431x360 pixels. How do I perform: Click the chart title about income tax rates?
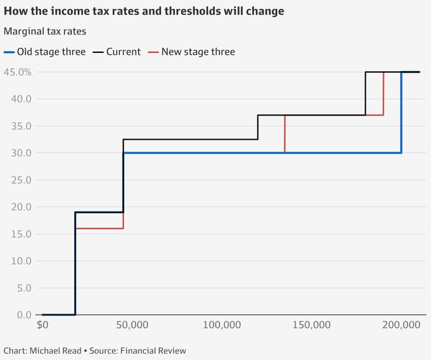[x=144, y=11]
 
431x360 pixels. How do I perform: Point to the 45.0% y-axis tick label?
[x=17, y=72]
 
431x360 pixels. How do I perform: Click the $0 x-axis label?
[x=43, y=325]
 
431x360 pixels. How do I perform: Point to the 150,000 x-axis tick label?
[x=312, y=325]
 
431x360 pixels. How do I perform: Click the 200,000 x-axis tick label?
[x=402, y=325]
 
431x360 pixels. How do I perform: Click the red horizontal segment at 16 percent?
[x=99, y=229]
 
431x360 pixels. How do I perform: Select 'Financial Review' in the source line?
[x=153, y=350]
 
